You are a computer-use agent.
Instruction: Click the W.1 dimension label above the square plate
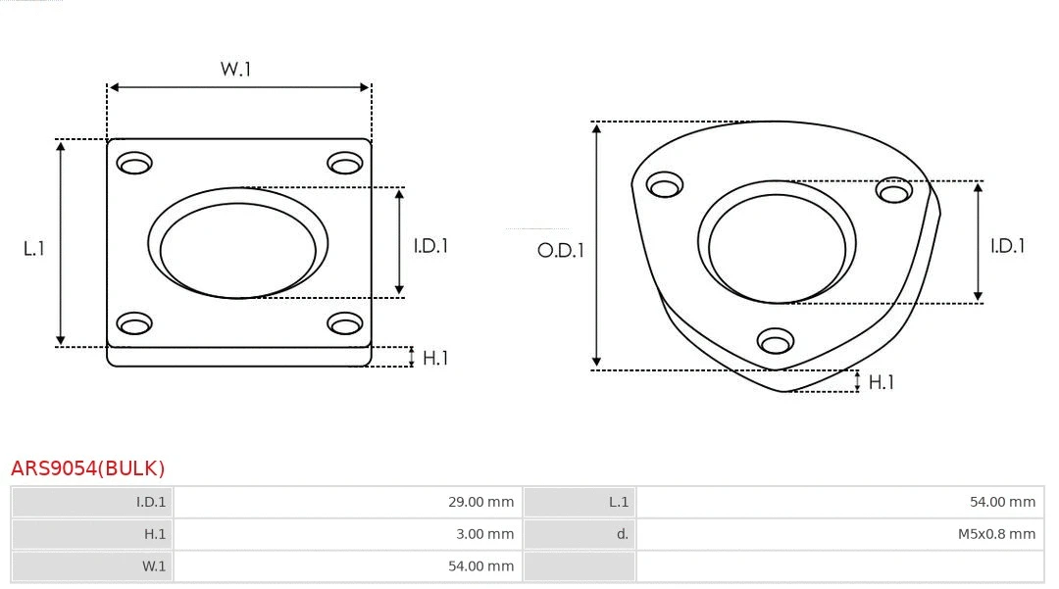point(235,70)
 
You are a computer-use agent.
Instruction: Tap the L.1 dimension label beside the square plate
point(34,249)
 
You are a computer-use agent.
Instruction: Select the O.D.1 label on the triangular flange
point(560,250)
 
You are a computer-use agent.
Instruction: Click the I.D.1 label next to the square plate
point(429,246)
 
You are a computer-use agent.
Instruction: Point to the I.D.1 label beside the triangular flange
point(1007,246)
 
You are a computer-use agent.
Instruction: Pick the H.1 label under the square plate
point(434,358)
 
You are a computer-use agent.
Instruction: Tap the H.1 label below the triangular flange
point(881,382)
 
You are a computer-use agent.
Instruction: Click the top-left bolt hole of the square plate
point(134,163)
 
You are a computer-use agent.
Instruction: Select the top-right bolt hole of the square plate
point(345,163)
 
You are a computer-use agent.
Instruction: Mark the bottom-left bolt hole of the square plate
point(134,322)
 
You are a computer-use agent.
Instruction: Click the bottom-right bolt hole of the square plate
point(345,322)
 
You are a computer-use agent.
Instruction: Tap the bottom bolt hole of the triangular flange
point(776,341)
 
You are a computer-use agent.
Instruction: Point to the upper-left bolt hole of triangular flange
point(665,185)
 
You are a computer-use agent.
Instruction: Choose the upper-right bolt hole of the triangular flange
point(894,190)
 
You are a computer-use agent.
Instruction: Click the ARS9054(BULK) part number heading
point(88,468)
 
